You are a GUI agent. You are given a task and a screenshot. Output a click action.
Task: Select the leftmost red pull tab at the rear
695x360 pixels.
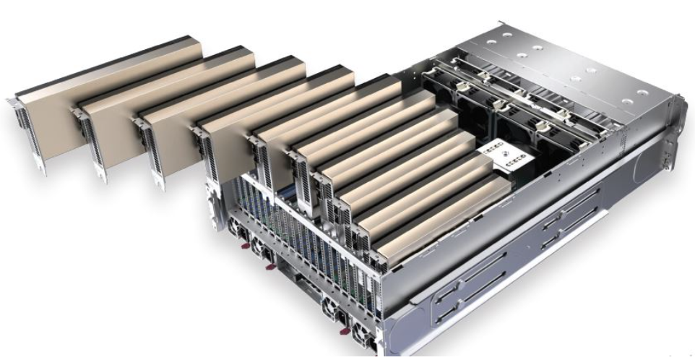tap(242, 249)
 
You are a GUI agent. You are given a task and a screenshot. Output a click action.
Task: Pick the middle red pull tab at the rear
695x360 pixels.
tap(270, 267)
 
